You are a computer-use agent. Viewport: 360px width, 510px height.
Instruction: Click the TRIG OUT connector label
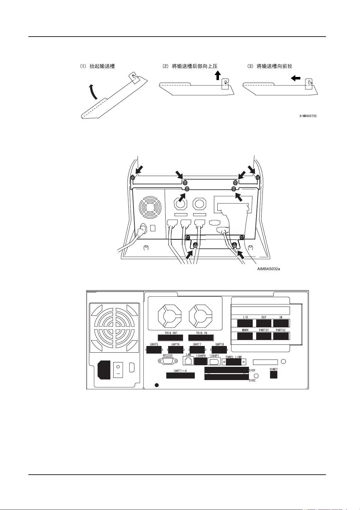point(171,333)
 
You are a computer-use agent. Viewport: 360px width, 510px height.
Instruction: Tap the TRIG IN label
point(201,333)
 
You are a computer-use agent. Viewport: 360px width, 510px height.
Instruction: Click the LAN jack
point(188,361)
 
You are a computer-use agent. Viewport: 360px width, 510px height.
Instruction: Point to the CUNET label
point(274,369)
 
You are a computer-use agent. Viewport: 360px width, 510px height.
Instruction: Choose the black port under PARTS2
point(281,336)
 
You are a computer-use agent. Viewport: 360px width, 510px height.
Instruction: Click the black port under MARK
point(245,336)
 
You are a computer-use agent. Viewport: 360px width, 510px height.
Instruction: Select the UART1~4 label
point(180,371)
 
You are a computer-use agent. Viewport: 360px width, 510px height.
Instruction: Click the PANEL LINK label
point(234,357)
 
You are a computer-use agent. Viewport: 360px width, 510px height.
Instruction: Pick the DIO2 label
point(252,380)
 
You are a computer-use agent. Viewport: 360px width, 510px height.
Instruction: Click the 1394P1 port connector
point(214,361)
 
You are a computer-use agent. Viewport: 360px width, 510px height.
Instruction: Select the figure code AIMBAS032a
point(269,269)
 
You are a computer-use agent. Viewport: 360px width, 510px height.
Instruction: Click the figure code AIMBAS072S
point(308,116)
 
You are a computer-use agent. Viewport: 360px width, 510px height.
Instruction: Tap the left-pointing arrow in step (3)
point(296,78)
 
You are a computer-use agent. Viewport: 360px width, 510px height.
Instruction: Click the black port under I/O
point(245,323)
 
